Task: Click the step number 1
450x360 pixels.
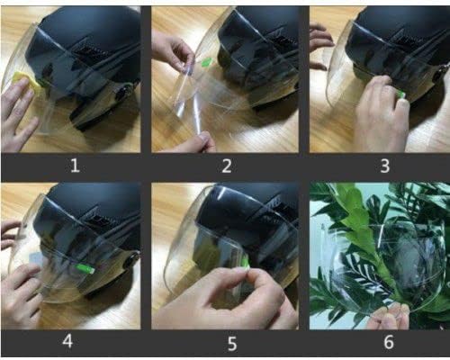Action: click(75, 166)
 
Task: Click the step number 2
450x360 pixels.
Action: click(227, 166)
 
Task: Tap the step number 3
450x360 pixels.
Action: click(385, 166)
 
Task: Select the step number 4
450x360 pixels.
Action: click(67, 341)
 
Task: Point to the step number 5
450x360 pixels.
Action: click(232, 344)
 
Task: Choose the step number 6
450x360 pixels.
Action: click(389, 342)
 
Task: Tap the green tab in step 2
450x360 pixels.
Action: click(207, 62)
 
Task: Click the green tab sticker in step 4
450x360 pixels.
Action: click(85, 267)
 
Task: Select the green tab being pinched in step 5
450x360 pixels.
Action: click(247, 263)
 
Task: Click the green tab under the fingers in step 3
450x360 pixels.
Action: click(401, 94)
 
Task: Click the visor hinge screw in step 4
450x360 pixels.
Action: click(131, 261)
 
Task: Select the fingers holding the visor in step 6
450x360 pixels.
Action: click(389, 317)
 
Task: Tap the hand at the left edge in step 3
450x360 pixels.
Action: click(320, 45)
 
